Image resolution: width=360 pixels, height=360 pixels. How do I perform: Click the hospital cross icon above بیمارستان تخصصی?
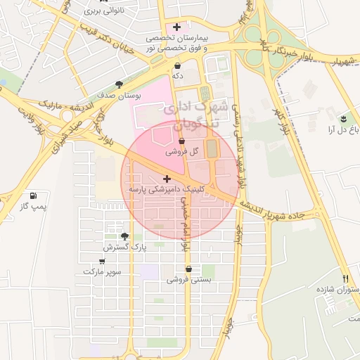pos(176,27)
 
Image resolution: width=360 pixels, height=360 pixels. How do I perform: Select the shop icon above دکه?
pos(176,65)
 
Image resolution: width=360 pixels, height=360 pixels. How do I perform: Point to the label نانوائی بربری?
pos(105,11)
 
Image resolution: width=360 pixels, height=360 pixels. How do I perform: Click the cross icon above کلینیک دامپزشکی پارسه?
pos(167,179)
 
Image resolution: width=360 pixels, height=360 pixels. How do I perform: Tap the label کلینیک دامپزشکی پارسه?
pos(166,190)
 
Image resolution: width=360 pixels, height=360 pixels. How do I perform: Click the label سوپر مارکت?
pos(102,271)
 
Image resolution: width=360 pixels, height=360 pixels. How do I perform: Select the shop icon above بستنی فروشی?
pos(188,268)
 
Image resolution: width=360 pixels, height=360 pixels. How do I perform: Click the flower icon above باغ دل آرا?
pos(343,118)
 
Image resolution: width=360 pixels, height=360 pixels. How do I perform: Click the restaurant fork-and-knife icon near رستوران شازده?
pos(345,279)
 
